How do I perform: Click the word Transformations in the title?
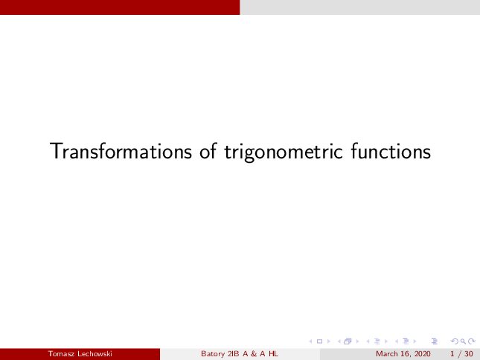coord(121,151)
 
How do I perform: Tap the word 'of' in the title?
coord(208,150)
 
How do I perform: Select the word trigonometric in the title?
coord(284,152)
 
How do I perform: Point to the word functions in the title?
coord(391,151)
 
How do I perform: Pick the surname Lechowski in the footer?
coord(95,354)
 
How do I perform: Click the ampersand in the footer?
coord(254,354)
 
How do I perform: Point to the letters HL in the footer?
coord(273,354)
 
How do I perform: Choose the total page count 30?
coord(469,354)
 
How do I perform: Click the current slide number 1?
coord(452,354)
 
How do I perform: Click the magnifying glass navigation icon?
coord(463,341)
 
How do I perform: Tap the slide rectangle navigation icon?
coord(319,341)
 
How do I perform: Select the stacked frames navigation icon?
coord(348,341)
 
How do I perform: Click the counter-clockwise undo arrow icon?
coord(455,341)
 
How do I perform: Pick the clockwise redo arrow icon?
coord(472,341)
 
